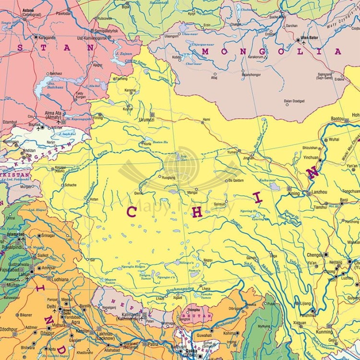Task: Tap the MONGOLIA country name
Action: tap(272, 51)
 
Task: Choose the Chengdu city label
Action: tap(316, 255)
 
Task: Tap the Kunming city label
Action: tap(324, 332)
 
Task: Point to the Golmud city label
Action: tap(219, 204)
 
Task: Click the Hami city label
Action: tap(206, 120)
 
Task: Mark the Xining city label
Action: tap(293, 193)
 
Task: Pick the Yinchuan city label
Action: tap(311, 157)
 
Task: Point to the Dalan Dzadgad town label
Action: tap(294, 101)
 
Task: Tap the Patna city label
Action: tap(153, 344)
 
